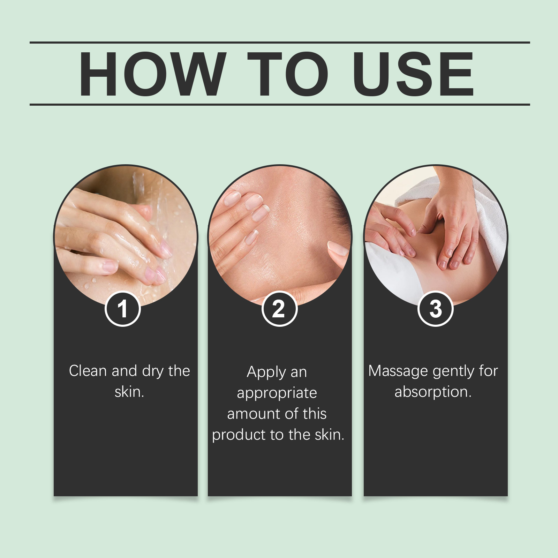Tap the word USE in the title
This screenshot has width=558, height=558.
[413, 74]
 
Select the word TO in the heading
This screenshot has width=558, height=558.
[288, 74]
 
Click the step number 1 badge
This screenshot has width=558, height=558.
[122, 309]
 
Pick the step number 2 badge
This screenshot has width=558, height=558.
[279, 309]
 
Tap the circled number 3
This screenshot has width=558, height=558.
[435, 309]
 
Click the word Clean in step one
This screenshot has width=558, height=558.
[88, 371]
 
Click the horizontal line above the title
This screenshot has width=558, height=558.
[280, 43]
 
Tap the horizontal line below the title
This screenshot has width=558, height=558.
[280, 104]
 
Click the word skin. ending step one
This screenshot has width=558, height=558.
[129, 392]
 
